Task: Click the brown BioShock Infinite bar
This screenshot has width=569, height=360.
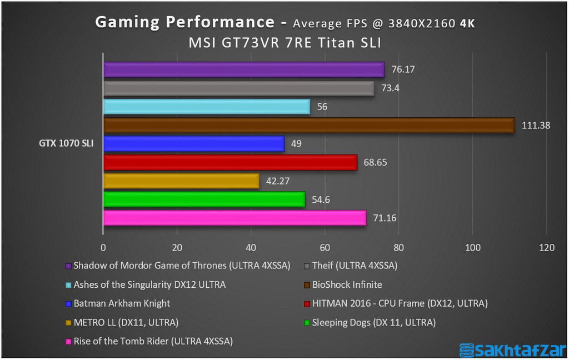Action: click(x=309, y=126)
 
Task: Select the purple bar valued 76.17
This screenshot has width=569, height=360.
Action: click(x=244, y=69)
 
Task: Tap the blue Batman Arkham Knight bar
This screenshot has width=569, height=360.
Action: click(x=194, y=144)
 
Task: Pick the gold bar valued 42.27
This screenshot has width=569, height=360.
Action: click(x=181, y=181)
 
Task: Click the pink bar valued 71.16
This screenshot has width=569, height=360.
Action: click(x=234, y=218)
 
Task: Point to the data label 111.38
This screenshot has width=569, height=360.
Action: click(x=536, y=126)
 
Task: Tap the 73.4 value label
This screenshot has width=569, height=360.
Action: click(x=390, y=88)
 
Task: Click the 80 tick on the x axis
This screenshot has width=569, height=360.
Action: click(x=399, y=248)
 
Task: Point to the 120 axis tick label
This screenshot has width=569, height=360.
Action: click(x=547, y=248)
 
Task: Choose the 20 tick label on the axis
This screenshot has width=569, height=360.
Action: click(x=177, y=248)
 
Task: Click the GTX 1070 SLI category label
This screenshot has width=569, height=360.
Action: click(x=66, y=144)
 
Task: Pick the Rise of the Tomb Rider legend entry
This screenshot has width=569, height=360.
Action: click(x=153, y=341)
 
